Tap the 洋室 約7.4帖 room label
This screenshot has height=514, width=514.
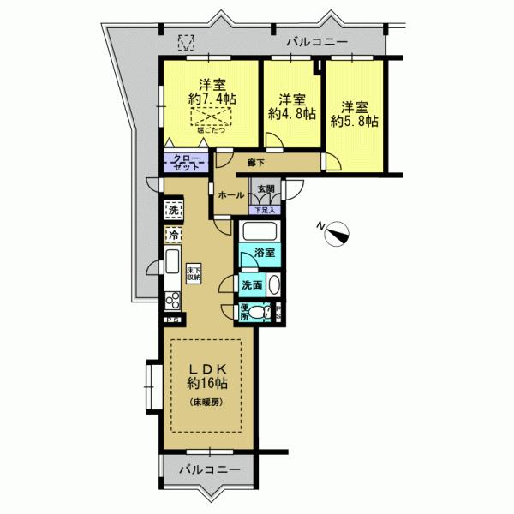pos(208,93)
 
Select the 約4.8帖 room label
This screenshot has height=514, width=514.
pos(292,105)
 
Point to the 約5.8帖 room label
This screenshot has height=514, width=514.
pos(355,114)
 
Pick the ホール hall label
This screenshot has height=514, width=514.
pos(231,195)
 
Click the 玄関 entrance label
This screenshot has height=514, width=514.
pos(266,189)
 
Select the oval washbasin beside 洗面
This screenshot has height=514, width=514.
pos(274,286)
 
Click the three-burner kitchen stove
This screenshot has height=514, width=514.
pos(171,301)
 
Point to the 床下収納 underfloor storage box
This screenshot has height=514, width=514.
pos(194,272)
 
